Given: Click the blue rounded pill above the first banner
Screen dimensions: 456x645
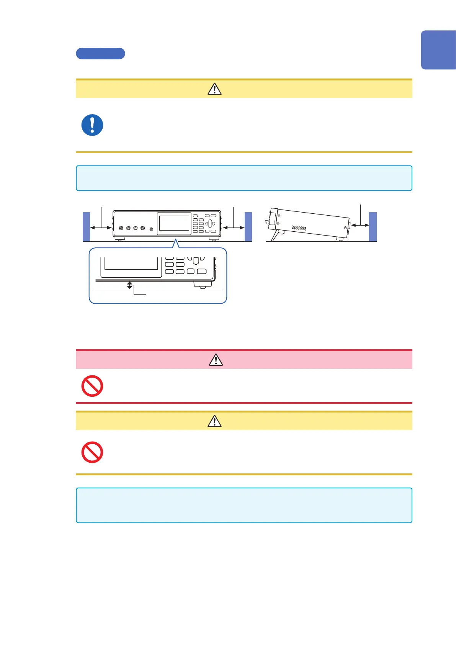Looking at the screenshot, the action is click(x=100, y=54).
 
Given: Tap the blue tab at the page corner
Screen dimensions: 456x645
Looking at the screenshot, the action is click(x=438, y=50).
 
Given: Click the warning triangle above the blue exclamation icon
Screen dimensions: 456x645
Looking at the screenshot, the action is click(x=214, y=89).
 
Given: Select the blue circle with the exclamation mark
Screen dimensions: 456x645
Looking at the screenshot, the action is click(x=92, y=125).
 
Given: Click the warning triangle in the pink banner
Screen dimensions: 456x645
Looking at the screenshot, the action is click(x=216, y=360).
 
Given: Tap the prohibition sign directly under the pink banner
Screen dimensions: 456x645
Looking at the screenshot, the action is click(x=92, y=386).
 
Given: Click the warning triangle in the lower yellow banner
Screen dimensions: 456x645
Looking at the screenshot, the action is click(x=214, y=421).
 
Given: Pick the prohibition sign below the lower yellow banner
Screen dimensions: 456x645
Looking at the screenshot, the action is click(x=92, y=452).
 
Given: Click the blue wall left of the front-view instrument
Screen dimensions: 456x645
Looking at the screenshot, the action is click(x=86, y=226).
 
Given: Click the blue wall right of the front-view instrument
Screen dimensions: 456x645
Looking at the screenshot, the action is click(x=248, y=226).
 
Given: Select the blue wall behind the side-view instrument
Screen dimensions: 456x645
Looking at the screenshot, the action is click(x=373, y=226).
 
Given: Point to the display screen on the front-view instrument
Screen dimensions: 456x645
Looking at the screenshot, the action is click(x=174, y=223).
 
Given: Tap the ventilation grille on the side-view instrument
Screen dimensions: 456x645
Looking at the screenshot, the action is click(x=299, y=228).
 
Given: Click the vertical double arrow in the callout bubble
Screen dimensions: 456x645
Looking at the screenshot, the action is click(x=130, y=285).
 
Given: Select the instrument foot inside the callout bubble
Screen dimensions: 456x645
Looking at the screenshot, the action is click(x=203, y=285).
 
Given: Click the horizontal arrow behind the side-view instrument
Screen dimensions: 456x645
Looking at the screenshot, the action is click(x=360, y=225).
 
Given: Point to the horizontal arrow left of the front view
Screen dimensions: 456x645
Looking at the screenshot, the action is click(x=101, y=228).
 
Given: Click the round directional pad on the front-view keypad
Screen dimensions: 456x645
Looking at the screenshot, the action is click(x=210, y=223).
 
